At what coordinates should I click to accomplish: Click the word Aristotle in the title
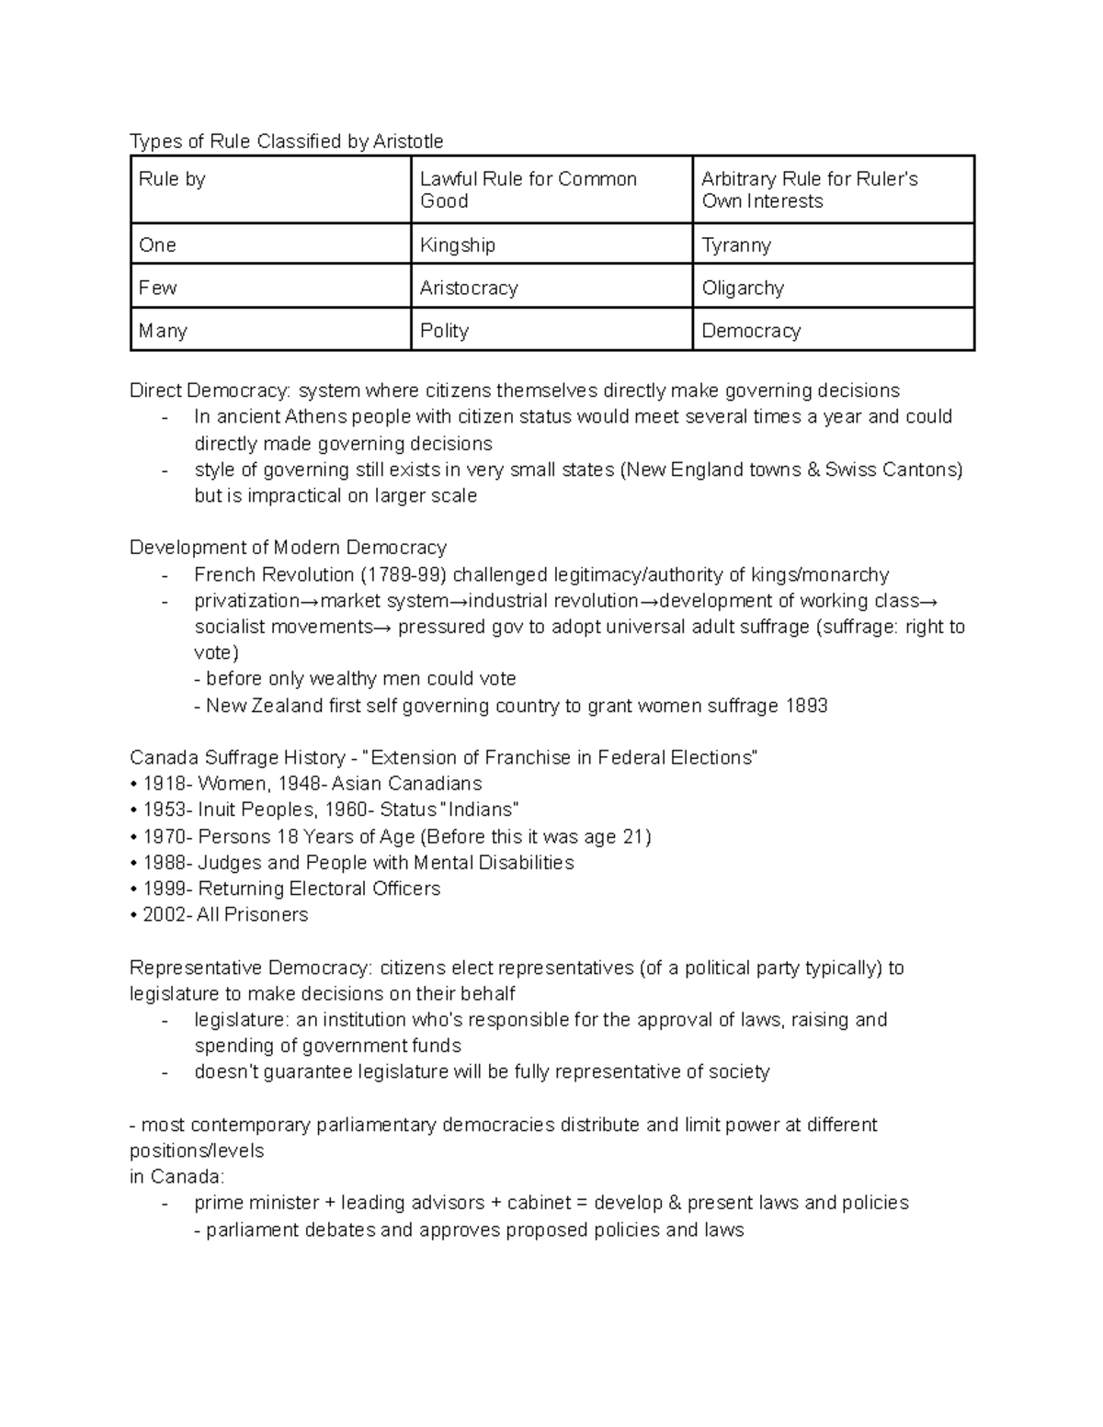click(x=407, y=142)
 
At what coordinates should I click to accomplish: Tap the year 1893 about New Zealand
click(x=806, y=706)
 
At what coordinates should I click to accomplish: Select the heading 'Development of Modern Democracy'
click(x=288, y=549)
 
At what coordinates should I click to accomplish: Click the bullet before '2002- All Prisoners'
click(x=134, y=915)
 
